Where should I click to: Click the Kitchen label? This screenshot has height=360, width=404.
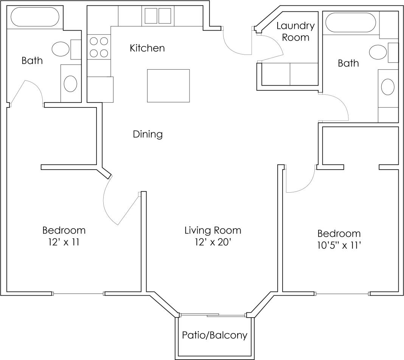click(x=147, y=48)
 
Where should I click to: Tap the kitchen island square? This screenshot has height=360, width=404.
click(x=168, y=86)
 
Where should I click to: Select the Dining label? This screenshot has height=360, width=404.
click(x=148, y=134)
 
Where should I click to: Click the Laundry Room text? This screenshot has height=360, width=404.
click(x=295, y=31)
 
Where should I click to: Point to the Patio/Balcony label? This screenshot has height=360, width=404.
click(x=214, y=335)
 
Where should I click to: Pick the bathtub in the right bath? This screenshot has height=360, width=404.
click(x=351, y=23)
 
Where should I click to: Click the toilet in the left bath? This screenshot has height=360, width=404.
click(x=59, y=49)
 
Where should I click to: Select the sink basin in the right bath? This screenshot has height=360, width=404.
click(x=388, y=87)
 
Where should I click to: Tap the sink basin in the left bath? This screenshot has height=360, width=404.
click(x=70, y=84)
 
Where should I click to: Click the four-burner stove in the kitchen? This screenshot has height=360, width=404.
click(x=99, y=47)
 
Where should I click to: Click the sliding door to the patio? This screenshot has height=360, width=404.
click(x=213, y=315)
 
